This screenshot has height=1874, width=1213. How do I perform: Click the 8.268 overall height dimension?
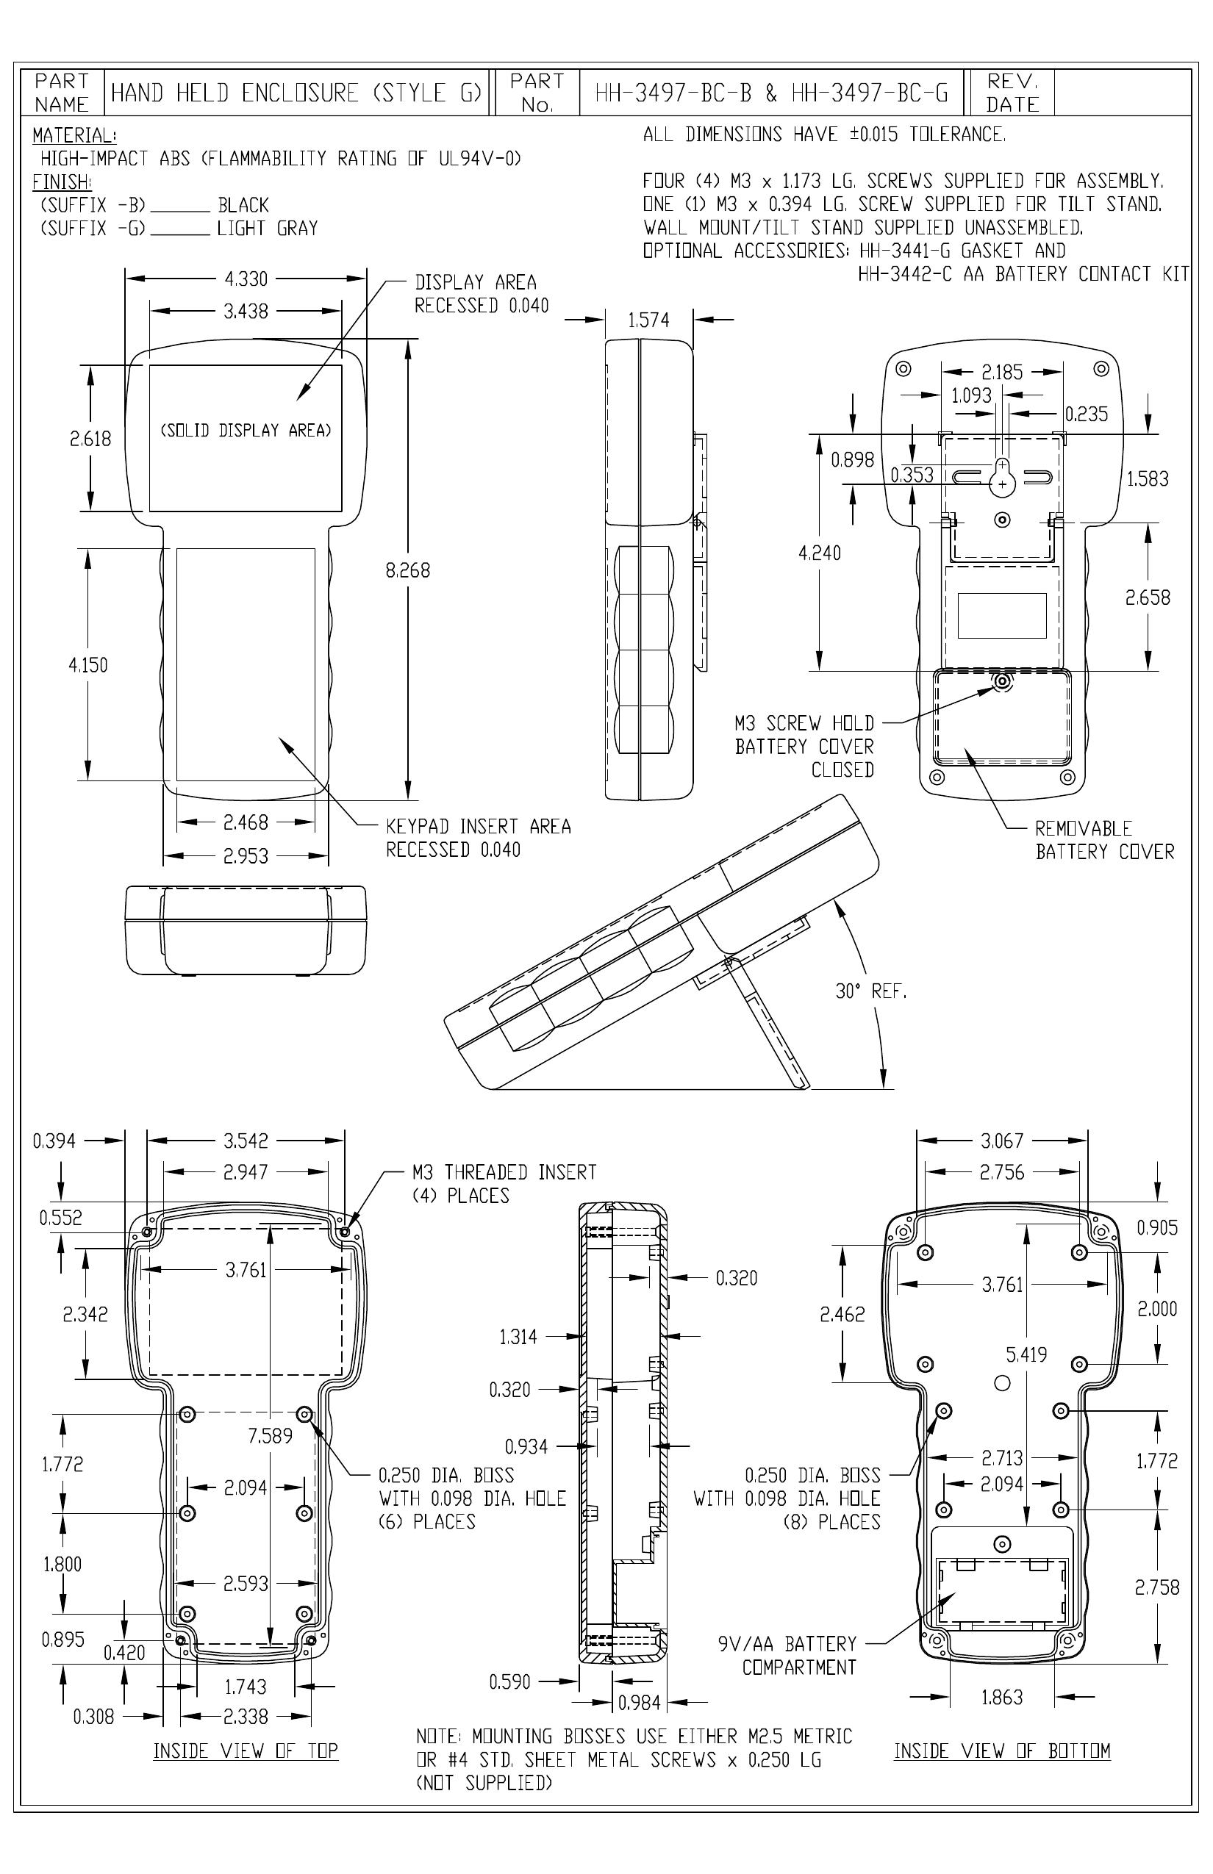(408, 570)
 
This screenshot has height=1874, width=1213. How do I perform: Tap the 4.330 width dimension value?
(246, 279)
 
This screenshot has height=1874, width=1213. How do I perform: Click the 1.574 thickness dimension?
(648, 320)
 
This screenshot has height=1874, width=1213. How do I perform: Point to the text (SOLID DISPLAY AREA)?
(246, 430)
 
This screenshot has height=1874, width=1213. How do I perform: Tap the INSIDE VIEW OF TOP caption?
(246, 1750)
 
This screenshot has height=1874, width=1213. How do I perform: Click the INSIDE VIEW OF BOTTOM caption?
(1002, 1750)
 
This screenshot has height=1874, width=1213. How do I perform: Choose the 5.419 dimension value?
(1026, 1354)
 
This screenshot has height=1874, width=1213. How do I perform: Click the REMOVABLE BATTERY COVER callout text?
(1104, 839)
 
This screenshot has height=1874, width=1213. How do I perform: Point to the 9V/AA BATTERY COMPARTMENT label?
(787, 1655)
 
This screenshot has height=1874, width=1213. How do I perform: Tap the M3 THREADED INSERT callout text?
(504, 1183)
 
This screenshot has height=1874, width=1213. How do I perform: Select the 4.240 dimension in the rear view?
(819, 553)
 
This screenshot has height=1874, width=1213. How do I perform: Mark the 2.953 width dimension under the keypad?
(246, 856)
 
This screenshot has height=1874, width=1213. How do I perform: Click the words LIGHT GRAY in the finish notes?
(267, 229)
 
